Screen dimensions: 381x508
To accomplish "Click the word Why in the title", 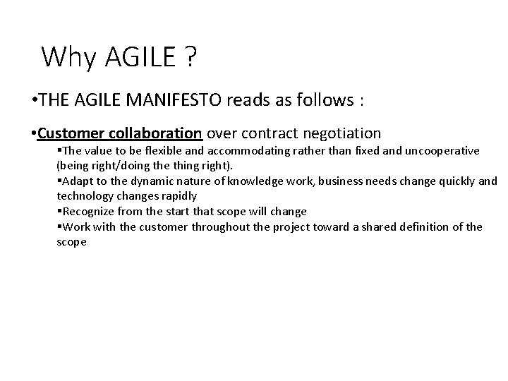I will pyautogui.click(x=68, y=56).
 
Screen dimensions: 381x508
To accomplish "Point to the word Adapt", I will pyautogui.click(x=77, y=181).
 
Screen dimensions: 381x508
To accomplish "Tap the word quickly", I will pyautogui.click(x=451, y=181).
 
